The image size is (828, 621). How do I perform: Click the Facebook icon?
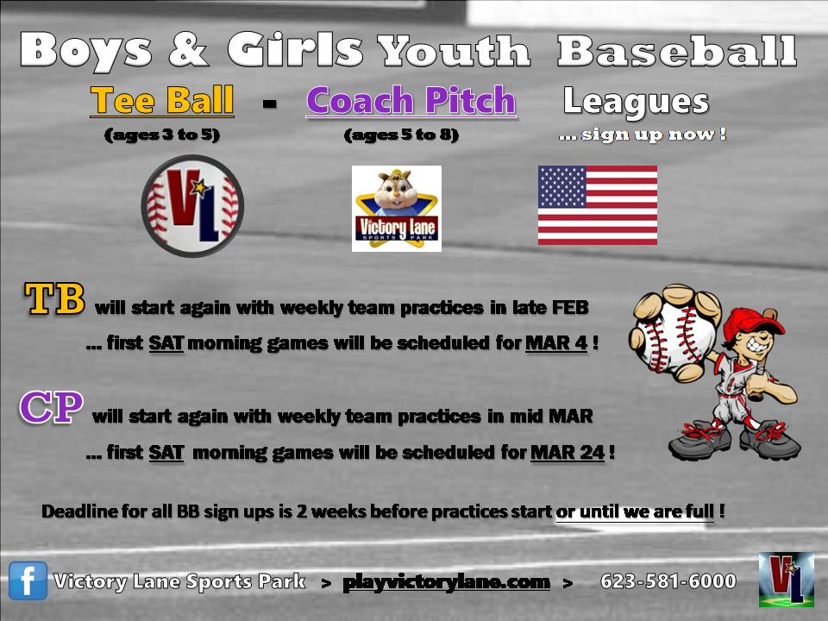[28, 580]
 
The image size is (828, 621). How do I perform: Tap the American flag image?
[597, 205]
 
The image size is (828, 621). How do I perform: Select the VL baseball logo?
[192, 205]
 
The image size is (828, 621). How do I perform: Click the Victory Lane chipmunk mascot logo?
[397, 209]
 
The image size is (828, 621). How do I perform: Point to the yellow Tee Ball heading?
[162, 100]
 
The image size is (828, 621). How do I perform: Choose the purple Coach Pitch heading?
[411, 100]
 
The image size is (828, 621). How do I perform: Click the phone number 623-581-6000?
[668, 581]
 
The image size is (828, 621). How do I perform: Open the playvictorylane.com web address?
[446, 582]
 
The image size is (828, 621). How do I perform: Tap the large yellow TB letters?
[54, 299]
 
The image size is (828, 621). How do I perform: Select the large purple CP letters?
[51, 407]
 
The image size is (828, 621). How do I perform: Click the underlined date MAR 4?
[556, 343]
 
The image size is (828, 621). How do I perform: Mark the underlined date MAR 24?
[568, 453]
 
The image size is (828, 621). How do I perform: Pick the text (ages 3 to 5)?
[162, 135]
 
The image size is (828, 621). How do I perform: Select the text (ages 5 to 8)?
[401, 135]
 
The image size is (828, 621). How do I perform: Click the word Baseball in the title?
[677, 51]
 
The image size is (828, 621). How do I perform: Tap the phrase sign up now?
[642, 135]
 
